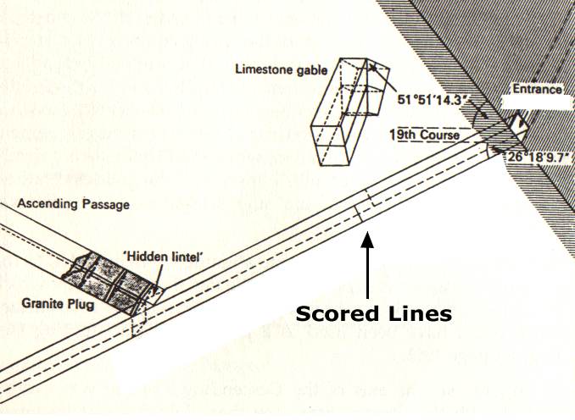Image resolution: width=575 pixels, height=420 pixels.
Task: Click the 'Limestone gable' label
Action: pos(282,69)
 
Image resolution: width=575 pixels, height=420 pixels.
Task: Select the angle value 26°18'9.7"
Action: pos(539,157)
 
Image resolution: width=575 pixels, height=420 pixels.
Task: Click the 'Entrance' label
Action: pos(537,89)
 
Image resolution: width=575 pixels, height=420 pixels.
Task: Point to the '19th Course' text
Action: pos(424,135)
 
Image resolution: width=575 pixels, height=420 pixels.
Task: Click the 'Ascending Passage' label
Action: pos(73,203)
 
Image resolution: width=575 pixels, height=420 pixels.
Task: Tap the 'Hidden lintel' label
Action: pos(164,257)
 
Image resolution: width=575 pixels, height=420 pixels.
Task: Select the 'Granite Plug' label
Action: pos(58,303)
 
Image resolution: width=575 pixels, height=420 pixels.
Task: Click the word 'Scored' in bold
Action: pos(332,314)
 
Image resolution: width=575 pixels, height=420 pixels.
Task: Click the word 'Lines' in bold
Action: pos(414,314)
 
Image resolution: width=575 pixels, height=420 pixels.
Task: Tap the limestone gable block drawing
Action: pos(350,111)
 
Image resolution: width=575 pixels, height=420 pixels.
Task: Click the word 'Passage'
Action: pos(106,204)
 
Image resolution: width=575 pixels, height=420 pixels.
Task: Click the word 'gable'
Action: pos(310,69)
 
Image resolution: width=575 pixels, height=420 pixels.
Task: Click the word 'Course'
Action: pos(439,135)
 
